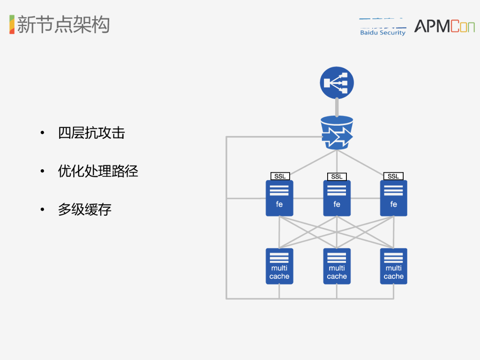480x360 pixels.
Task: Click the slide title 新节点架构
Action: (63, 24)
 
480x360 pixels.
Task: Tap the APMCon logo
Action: (444, 26)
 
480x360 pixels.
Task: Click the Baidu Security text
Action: (382, 32)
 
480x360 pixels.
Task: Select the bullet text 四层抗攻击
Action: (91, 133)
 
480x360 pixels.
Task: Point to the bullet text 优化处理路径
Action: (98, 171)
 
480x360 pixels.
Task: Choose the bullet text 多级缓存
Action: (85, 209)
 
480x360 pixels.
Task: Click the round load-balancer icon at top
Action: (337, 82)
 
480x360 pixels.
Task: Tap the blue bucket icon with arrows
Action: (337, 133)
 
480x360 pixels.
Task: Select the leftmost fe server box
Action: (279, 198)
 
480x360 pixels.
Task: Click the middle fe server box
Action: (337, 198)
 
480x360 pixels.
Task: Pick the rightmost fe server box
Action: (393, 198)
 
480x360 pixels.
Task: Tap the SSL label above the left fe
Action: (280, 176)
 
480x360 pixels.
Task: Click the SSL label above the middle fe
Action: (337, 176)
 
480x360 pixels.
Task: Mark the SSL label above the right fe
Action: (393, 176)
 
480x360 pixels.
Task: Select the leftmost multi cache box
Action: (279, 266)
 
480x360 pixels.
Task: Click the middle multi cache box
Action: (337, 266)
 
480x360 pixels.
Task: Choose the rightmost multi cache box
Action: (393, 266)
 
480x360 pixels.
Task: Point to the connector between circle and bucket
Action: (337, 107)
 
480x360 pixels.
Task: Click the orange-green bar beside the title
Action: (12, 24)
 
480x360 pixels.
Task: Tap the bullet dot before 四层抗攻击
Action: (43, 133)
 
